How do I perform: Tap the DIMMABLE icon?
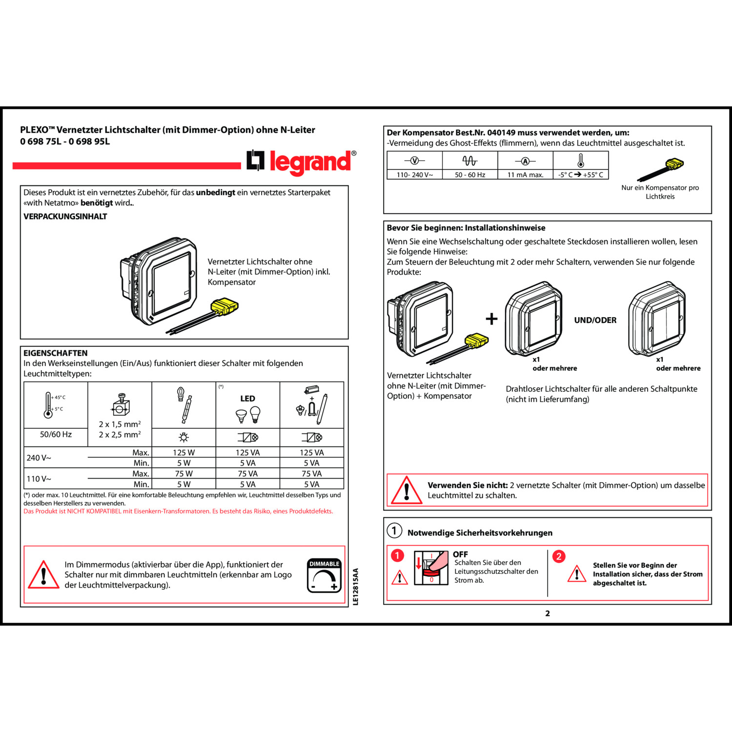324,576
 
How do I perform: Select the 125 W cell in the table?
183,452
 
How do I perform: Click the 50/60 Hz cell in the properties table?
56,434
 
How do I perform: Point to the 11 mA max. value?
525,175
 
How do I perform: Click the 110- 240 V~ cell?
414,175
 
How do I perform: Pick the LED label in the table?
247,399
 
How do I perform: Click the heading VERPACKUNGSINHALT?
65,216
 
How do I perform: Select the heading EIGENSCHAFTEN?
56,353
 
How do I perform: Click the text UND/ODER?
595,320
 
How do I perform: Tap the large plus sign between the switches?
491,319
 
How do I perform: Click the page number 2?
548,613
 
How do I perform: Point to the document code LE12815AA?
355,587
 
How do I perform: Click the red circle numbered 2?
559,556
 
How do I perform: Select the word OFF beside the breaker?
460,554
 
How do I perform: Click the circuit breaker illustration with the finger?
431,568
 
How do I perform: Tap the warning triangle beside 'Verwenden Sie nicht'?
406,490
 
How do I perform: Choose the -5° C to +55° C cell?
581,175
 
